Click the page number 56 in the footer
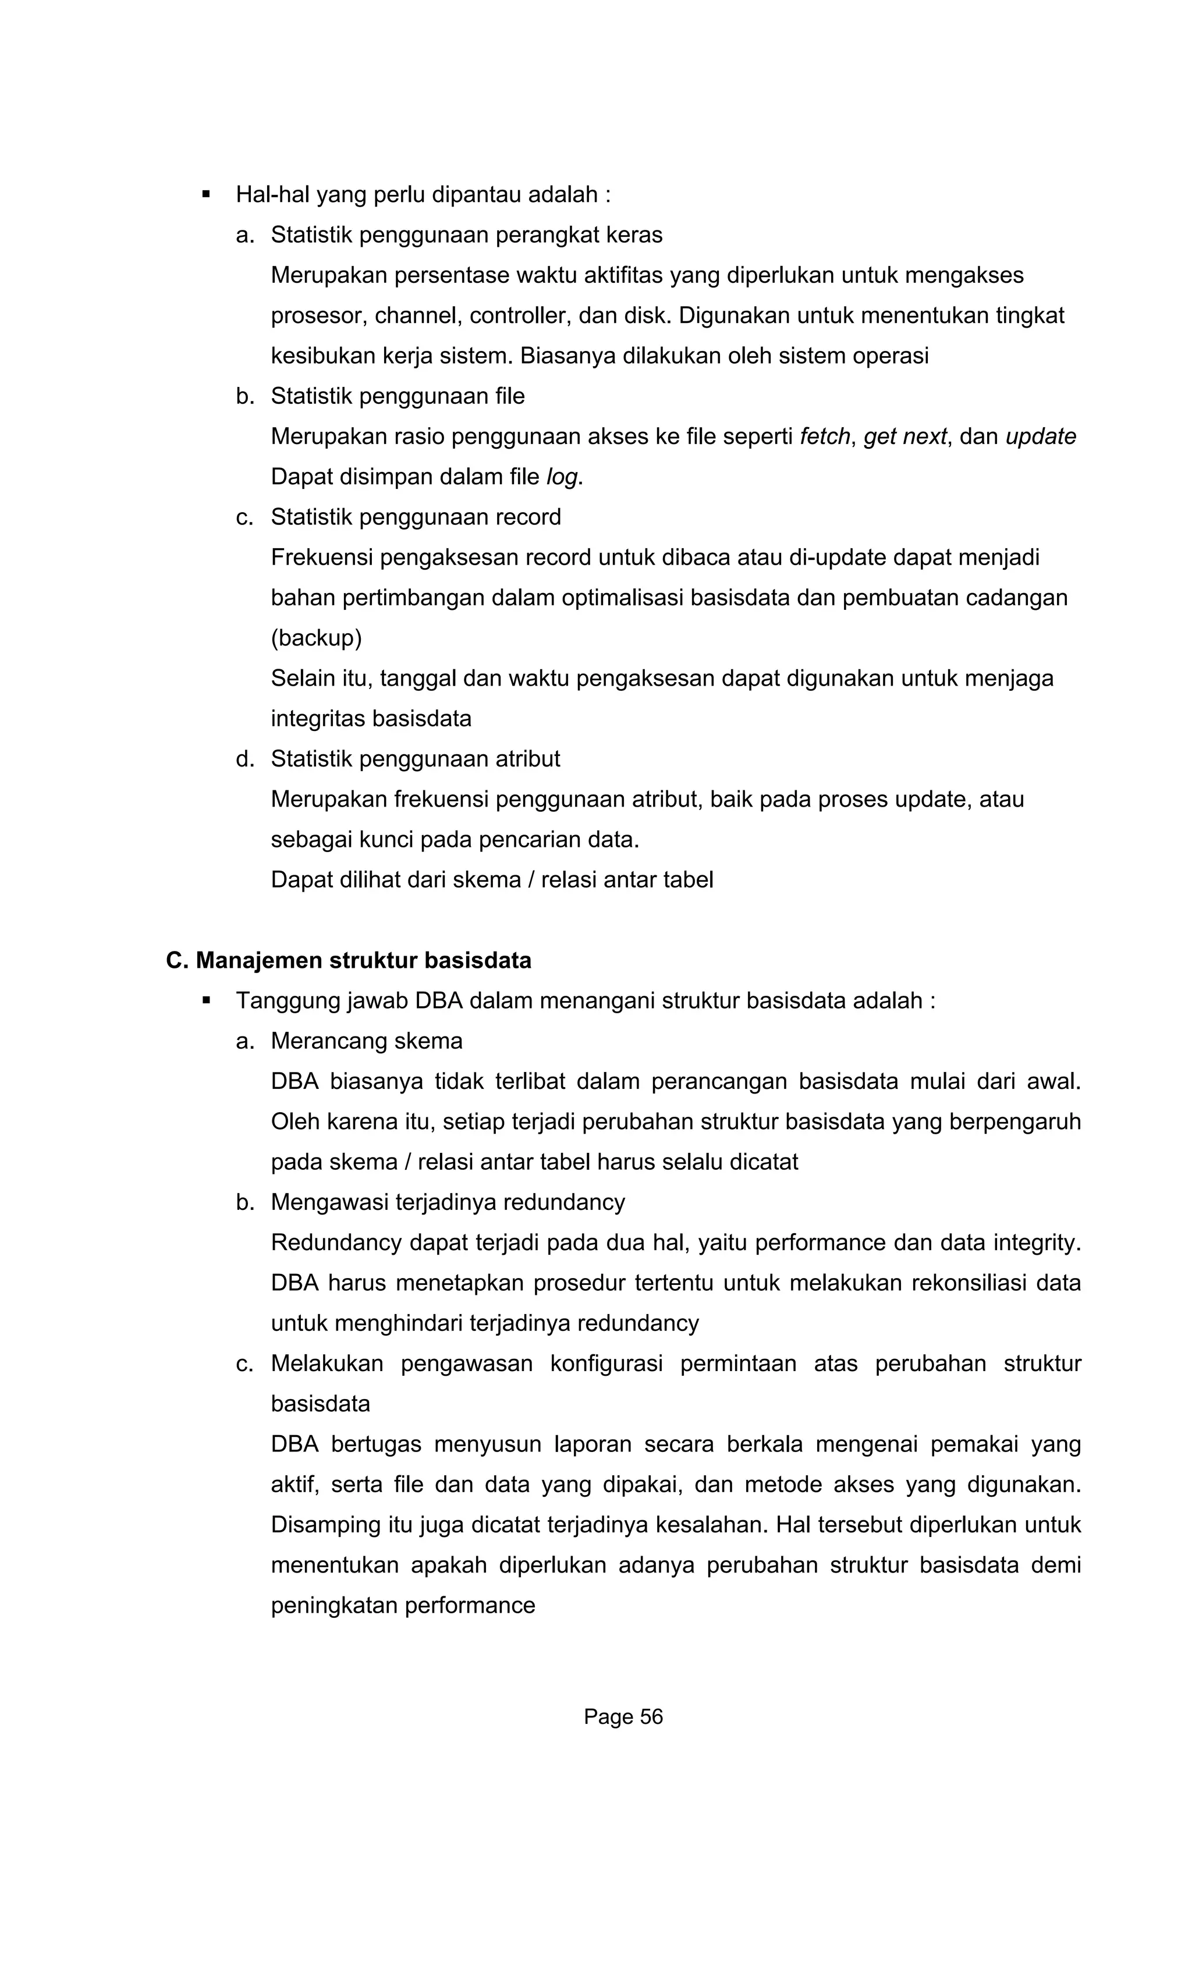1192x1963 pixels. [650, 1717]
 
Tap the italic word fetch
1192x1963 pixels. [825, 436]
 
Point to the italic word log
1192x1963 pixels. [562, 477]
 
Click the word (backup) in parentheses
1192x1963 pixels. [316, 638]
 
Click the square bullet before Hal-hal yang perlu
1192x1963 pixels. [207, 194]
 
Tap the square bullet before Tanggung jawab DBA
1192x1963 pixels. [207, 1000]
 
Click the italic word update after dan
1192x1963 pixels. [1041, 436]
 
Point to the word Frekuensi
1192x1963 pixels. [322, 558]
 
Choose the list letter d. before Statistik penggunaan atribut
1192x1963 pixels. [244, 758]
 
